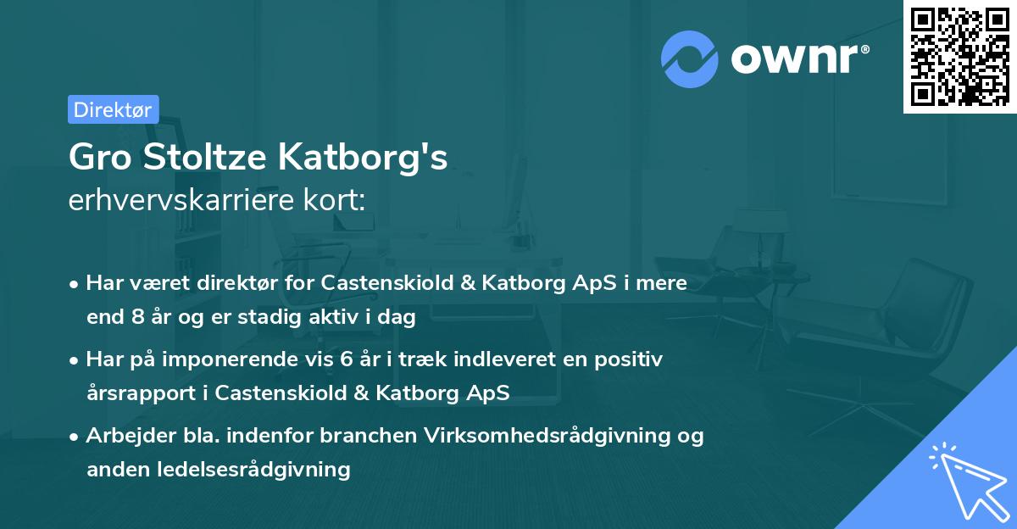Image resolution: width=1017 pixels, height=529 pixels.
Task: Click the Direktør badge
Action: [x=113, y=109]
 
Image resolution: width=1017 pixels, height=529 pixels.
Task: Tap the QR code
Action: [x=959, y=56]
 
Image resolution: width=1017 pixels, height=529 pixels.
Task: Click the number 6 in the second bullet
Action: [x=346, y=359]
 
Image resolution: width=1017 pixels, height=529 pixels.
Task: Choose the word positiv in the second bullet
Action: [x=631, y=359]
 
